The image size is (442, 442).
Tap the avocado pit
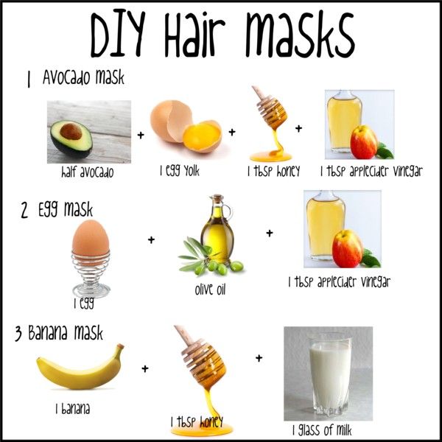point(71,131)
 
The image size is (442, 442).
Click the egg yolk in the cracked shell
point(202,136)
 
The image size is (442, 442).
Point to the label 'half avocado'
point(88,172)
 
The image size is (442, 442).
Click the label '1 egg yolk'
point(180,171)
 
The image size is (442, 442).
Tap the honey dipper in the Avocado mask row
point(270,108)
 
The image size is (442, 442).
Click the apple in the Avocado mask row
point(364,141)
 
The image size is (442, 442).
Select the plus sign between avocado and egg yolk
point(141,135)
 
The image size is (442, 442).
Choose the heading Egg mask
point(66,209)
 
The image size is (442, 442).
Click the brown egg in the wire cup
point(91,239)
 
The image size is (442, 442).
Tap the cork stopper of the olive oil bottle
point(218,198)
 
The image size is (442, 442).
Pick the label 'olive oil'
point(210,289)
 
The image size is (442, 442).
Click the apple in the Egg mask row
point(348,248)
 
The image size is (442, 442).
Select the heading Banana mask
point(66,333)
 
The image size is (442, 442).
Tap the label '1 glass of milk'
point(322,430)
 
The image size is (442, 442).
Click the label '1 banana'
point(73,408)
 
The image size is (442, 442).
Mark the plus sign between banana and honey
point(145,368)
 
